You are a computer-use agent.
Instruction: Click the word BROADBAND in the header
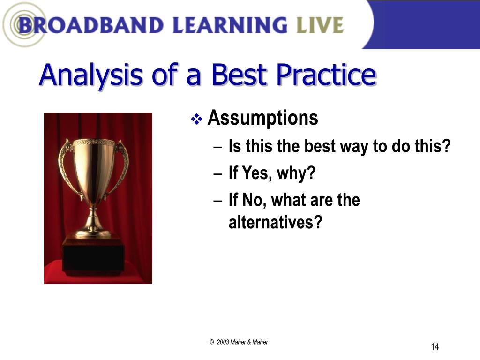pyautogui.click(x=91, y=25)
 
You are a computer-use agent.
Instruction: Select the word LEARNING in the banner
pyautogui.click(x=230, y=25)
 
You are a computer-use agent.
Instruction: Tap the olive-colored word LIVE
pyautogui.click(x=320, y=25)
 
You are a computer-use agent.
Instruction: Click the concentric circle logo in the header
pyautogui.click(x=24, y=24)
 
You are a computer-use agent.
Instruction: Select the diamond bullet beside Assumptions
pyautogui.click(x=196, y=119)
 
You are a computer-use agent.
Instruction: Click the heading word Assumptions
pyautogui.click(x=263, y=118)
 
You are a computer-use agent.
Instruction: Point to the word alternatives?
pyautogui.click(x=276, y=222)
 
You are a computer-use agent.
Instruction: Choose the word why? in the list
pyautogui.click(x=296, y=173)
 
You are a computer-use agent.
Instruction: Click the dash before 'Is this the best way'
pyautogui.click(x=217, y=147)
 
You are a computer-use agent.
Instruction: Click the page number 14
pyautogui.click(x=435, y=346)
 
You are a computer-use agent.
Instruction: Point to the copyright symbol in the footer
pyautogui.click(x=211, y=342)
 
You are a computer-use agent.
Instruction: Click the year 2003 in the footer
pyautogui.click(x=223, y=342)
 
